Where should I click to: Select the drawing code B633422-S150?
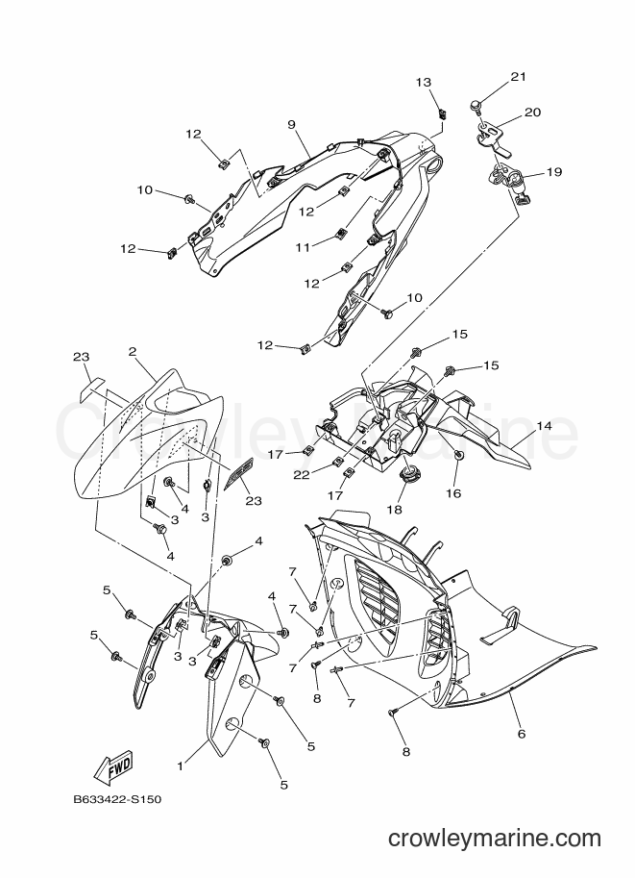pyautogui.click(x=118, y=799)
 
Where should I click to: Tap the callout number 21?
pyautogui.click(x=518, y=76)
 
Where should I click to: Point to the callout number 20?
pyautogui.click(x=532, y=112)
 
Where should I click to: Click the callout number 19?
pyautogui.click(x=553, y=172)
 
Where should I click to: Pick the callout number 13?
pyautogui.click(x=424, y=83)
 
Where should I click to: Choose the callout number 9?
pyautogui.click(x=291, y=124)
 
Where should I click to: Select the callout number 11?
pyautogui.click(x=303, y=247)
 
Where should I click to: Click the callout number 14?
pyautogui.click(x=544, y=426)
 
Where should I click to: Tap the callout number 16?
pyautogui.click(x=453, y=493)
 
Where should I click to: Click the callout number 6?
pyautogui.click(x=522, y=734)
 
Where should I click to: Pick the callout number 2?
pyautogui.click(x=132, y=352)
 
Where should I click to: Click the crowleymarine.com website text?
pyautogui.click(x=495, y=839)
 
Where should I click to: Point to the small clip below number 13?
pyautogui.click(x=443, y=114)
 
